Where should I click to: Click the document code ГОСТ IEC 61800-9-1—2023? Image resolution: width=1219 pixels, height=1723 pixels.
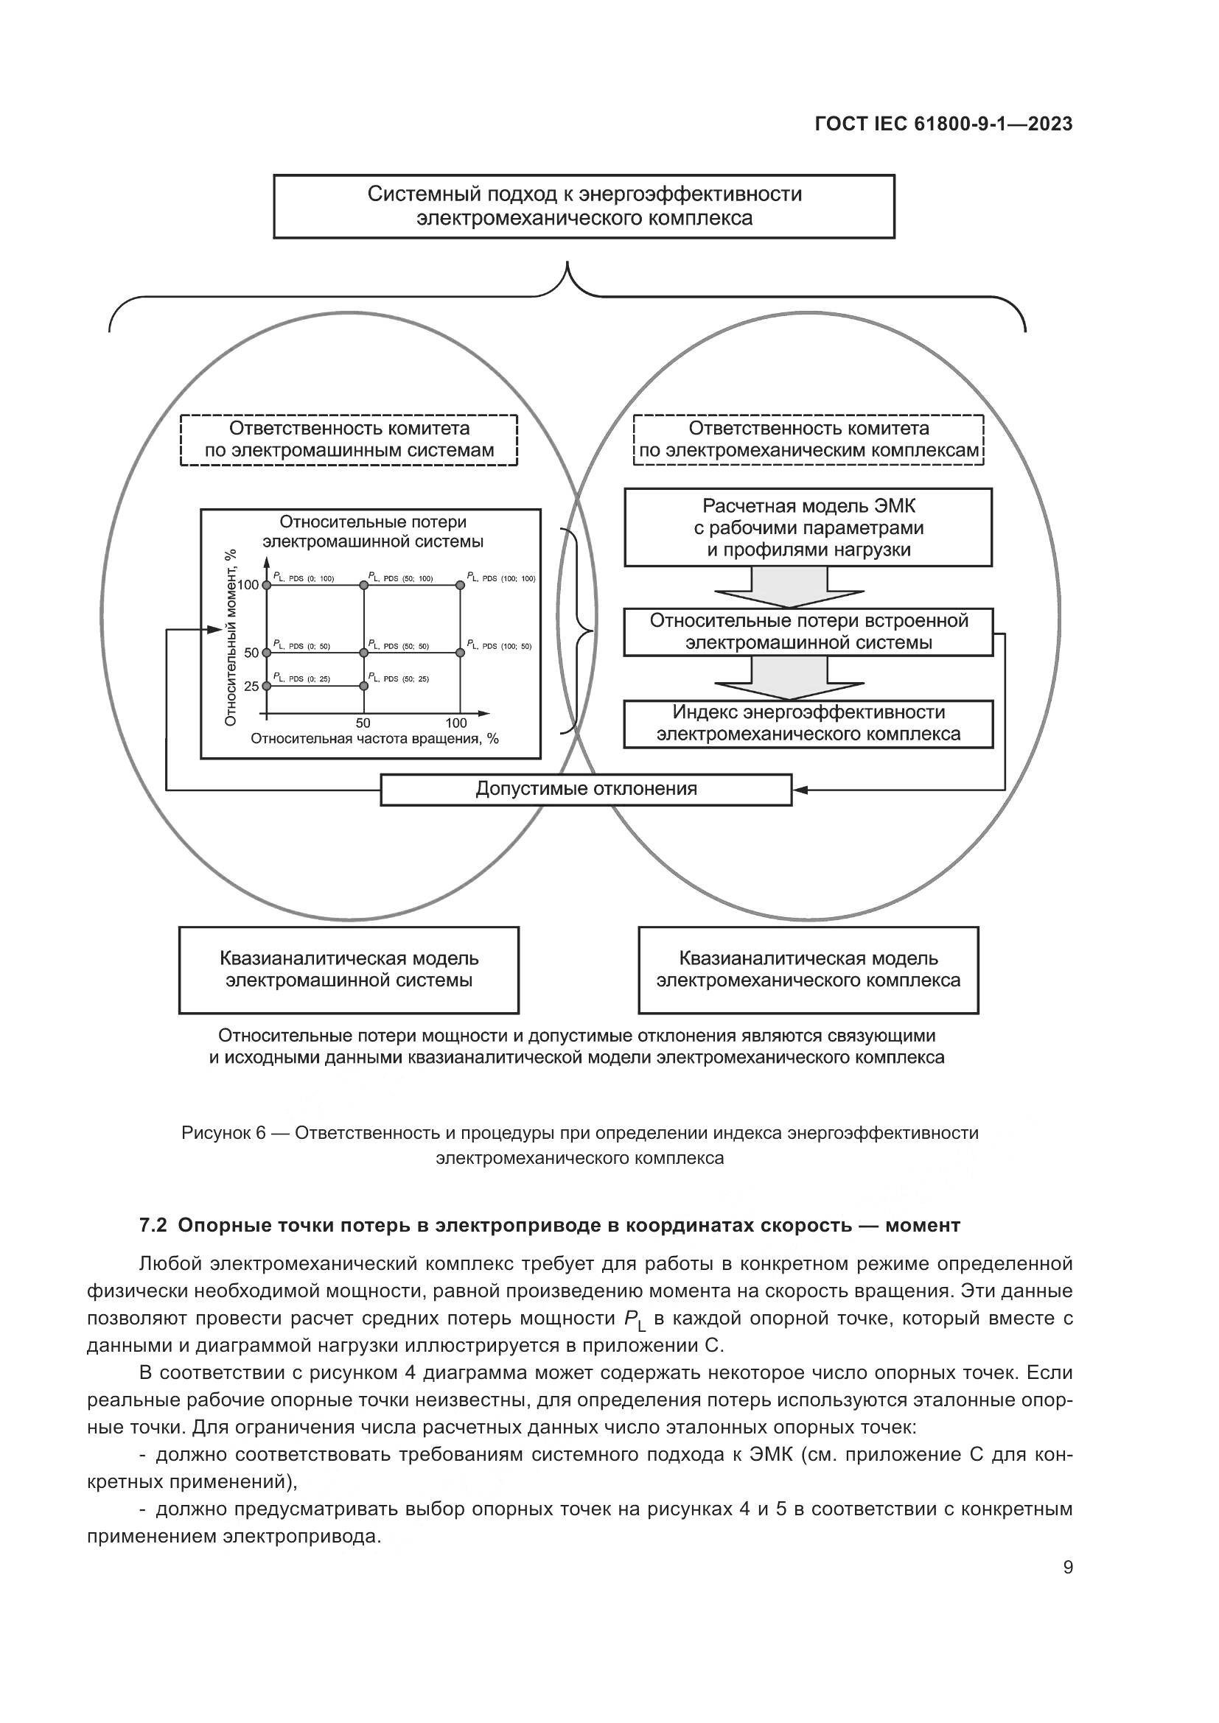[943, 124]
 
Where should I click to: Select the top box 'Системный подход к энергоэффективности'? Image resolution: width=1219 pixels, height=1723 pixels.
[584, 206]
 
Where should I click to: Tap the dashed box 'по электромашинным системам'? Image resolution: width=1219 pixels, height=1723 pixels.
[349, 440]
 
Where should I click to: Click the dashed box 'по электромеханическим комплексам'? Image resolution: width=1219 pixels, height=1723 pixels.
[808, 440]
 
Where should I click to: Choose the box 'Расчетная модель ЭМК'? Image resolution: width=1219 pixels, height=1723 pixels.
[808, 527]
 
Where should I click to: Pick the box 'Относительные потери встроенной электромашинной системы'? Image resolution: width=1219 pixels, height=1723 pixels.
[808, 632]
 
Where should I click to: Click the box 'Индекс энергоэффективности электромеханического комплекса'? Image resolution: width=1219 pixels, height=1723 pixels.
[808, 723]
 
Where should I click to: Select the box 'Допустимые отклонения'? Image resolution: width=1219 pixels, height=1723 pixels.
[586, 790]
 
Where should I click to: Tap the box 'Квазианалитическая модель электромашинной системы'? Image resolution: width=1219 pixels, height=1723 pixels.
[349, 969]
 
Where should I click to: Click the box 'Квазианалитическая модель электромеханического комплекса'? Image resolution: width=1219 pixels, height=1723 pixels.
[808, 969]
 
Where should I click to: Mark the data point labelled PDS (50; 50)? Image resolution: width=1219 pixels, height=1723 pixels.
[364, 653]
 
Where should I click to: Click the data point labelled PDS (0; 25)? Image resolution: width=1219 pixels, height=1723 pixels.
[267, 686]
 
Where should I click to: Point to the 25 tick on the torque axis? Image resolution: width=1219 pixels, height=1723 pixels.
[251, 686]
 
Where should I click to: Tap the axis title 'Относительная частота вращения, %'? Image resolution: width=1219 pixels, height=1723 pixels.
[374, 738]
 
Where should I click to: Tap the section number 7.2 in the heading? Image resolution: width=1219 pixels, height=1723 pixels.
[153, 1226]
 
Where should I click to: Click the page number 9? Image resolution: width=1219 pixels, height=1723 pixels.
[1068, 1568]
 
